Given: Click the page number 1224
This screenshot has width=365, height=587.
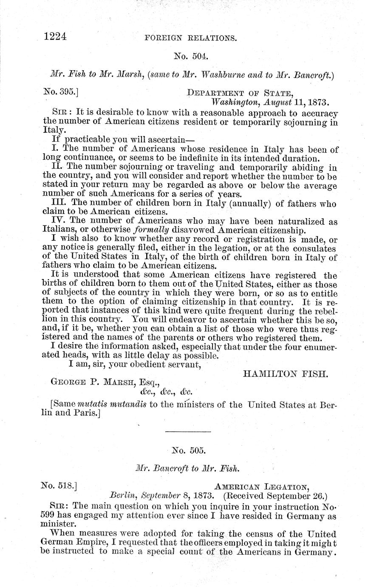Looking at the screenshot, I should coord(55,37).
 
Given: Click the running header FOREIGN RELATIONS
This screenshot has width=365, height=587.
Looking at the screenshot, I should coord(190,38).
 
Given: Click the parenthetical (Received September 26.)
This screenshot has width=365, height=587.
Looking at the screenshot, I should coord(275,496).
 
